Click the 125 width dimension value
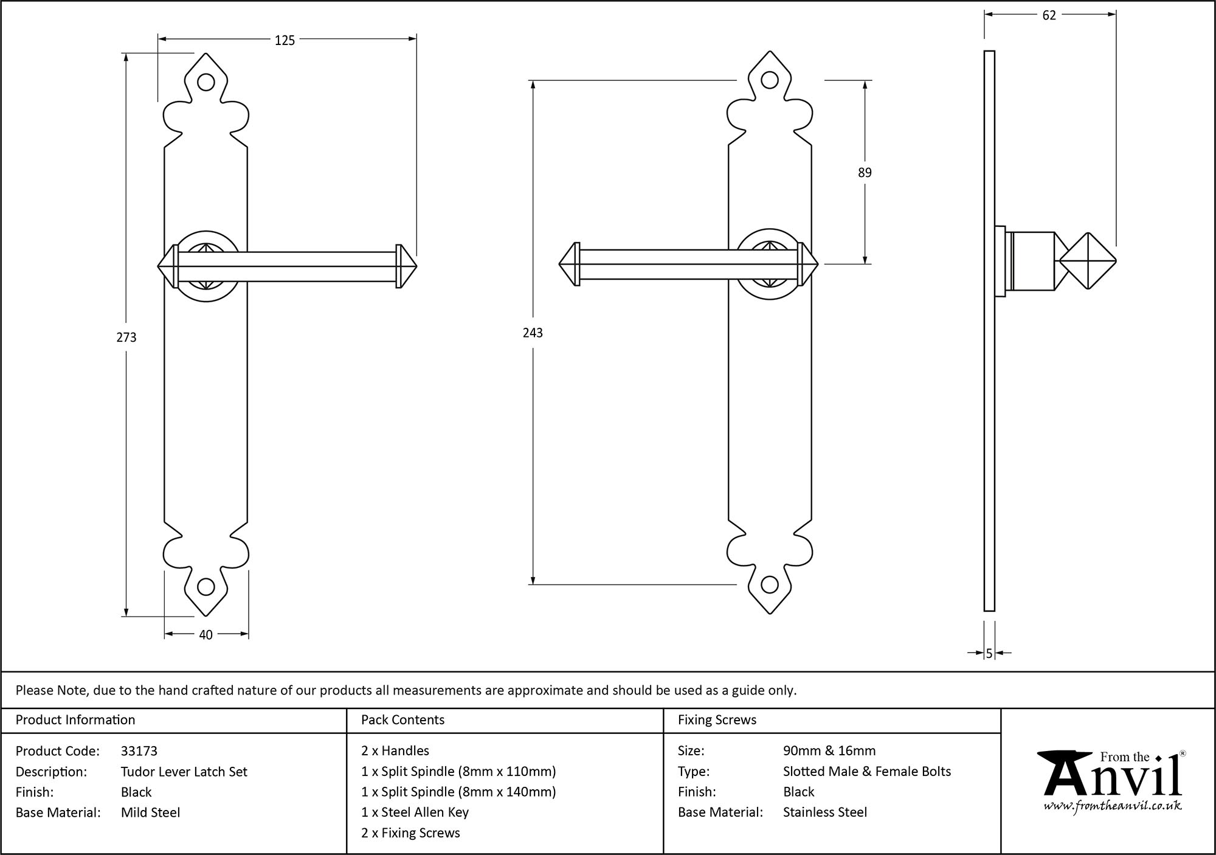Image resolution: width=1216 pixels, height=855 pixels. pyautogui.click(x=285, y=40)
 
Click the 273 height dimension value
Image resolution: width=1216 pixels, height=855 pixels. pyautogui.click(x=126, y=337)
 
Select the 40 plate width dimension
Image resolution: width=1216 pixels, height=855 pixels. pyautogui.click(x=206, y=635)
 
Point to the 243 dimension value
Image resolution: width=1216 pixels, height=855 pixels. pyautogui.click(x=533, y=333)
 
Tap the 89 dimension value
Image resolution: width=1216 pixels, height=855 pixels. pyautogui.click(x=865, y=173)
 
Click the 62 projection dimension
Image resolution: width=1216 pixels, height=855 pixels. pyautogui.click(x=1049, y=16)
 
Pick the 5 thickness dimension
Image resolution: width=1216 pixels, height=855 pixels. pyautogui.click(x=989, y=654)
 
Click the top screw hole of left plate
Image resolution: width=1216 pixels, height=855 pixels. pyautogui.click(x=206, y=83)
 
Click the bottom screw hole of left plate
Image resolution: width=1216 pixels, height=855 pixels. pyautogui.click(x=206, y=587)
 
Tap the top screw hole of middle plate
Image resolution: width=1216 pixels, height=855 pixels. pyautogui.click(x=770, y=80)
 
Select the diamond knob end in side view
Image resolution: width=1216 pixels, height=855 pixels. pyautogui.click(x=1088, y=261)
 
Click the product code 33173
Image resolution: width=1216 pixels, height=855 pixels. pyautogui.click(x=139, y=751)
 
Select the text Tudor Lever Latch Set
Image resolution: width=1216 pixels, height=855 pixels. pyautogui.click(x=184, y=772)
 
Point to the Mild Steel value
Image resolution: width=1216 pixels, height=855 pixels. pyautogui.click(x=150, y=812)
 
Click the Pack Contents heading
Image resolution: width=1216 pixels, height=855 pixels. pyautogui.click(x=402, y=720)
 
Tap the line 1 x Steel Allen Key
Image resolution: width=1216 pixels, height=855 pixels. pyautogui.click(x=415, y=812)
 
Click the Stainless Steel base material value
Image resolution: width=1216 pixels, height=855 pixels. pyautogui.click(x=824, y=812)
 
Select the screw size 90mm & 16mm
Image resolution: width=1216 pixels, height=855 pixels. pyautogui.click(x=829, y=751)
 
